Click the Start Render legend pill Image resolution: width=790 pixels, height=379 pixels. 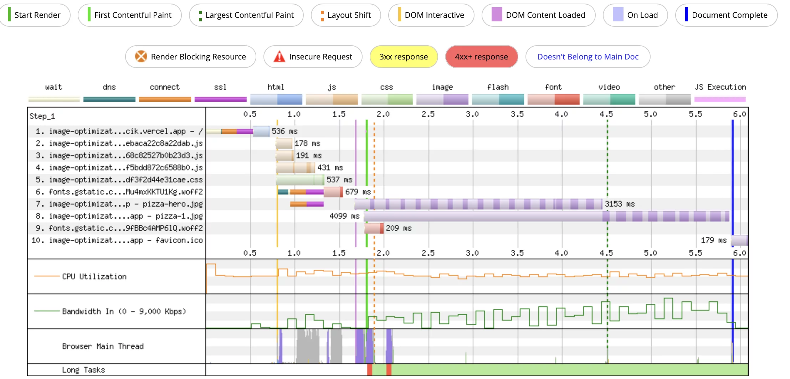[35, 15]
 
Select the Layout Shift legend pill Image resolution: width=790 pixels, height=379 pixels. [346, 15]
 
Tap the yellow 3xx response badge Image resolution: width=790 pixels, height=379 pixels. [404, 57]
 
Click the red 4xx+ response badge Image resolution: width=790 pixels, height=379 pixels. [481, 57]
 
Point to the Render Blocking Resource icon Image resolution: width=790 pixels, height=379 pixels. [141, 56]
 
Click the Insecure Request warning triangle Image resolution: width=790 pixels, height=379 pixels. [279, 57]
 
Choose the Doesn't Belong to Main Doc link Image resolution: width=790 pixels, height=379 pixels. [588, 57]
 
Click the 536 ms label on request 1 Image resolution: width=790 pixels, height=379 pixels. [284, 131]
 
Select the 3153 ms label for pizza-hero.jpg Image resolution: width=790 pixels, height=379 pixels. [619, 204]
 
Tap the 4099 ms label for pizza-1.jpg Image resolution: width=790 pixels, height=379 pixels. [344, 216]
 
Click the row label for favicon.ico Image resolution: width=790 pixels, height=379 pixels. [117, 240]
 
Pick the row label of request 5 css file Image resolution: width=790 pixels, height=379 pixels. [119, 180]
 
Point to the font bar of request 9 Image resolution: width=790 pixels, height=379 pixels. [373, 228]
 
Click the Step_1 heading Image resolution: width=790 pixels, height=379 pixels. [42, 116]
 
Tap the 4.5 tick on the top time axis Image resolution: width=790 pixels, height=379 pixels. [606, 114]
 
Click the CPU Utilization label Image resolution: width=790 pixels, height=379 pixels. [94, 277]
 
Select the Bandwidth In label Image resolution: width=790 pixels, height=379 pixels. [124, 312]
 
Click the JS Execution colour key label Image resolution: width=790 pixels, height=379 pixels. [720, 87]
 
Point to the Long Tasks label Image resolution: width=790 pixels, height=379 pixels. [83, 370]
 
